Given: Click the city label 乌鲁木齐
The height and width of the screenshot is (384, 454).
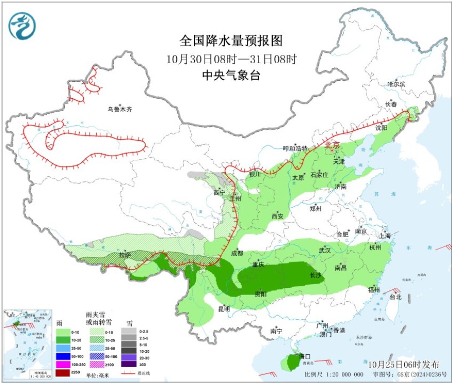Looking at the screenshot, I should coord(120,109).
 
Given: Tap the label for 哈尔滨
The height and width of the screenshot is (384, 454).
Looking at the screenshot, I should coord(396,84).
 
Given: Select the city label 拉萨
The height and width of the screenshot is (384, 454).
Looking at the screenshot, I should coord(125,255).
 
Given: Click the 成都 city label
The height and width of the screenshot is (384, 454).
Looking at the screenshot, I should coord(237,252).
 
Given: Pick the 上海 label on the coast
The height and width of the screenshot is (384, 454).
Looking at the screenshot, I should coord(385,235).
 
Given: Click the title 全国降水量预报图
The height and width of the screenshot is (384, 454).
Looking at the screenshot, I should coord(231,41).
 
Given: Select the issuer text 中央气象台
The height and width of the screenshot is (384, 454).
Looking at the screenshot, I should coord(231,76).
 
